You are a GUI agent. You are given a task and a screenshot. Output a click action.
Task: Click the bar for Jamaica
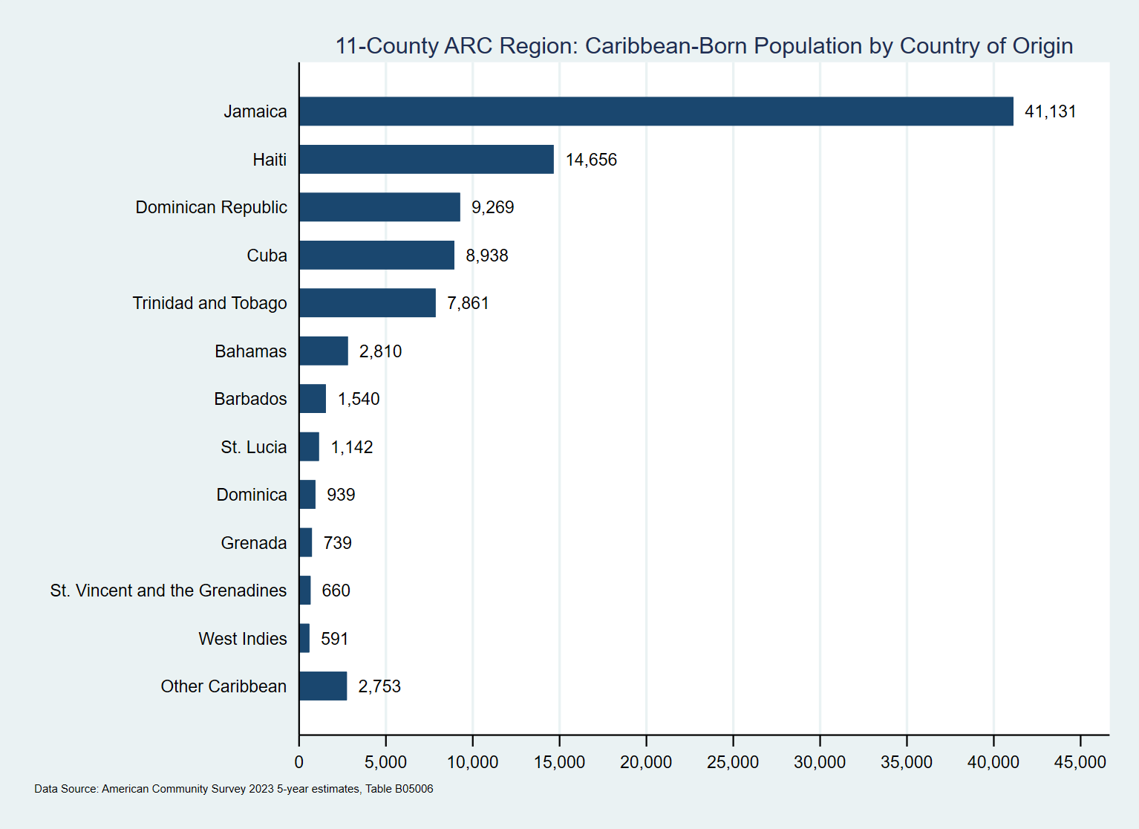tap(656, 111)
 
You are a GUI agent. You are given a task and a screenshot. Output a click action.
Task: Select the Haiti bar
tap(426, 160)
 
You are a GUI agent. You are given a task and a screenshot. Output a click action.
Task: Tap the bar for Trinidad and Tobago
tap(368, 303)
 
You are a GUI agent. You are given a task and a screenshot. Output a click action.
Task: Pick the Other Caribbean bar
tap(323, 686)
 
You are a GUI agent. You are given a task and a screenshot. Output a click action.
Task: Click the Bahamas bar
tap(324, 351)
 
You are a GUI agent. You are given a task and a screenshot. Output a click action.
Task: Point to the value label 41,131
tap(1050, 111)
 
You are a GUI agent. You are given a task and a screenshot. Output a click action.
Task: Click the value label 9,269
tap(492, 207)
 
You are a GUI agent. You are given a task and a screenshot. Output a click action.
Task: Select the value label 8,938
tap(486, 256)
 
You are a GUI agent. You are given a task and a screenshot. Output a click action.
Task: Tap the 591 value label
tap(334, 639)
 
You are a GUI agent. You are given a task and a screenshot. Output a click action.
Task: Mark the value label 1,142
tap(351, 447)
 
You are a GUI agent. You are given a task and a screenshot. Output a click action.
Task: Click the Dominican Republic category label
tap(211, 207)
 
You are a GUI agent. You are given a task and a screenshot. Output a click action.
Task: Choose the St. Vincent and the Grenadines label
tap(168, 591)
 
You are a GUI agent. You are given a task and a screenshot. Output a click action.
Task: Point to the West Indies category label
tap(242, 639)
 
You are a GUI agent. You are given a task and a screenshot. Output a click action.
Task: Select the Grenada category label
tap(253, 543)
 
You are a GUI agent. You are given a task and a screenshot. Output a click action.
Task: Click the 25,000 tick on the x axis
tap(733, 762)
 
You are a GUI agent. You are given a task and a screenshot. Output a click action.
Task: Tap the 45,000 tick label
tap(1080, 762)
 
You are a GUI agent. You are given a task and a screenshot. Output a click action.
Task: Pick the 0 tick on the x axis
tap(299, 762)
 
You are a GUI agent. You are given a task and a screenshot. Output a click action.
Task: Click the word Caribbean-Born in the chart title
tap(665, 46)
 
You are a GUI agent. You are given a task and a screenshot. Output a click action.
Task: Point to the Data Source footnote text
tap(233, 789)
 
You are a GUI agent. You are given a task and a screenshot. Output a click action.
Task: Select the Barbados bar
tap(313, 399)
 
